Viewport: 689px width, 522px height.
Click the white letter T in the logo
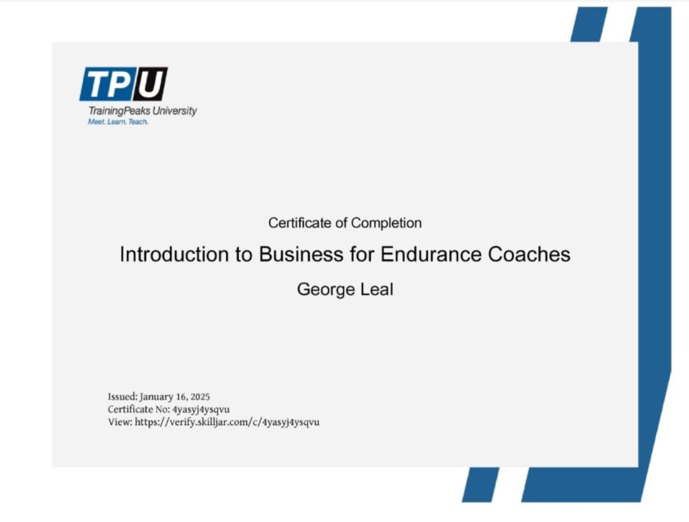(98, 84)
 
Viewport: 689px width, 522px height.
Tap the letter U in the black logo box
(150, 84)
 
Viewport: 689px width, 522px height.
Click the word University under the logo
(174, 111)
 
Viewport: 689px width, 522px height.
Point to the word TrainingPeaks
(119, 111)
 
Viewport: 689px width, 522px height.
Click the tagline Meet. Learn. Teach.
(118, 122)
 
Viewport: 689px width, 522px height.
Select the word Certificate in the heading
(299, 223)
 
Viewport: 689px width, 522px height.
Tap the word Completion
(386, 224)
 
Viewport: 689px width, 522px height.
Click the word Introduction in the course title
(174, 254)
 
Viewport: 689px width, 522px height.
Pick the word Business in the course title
(301, 254)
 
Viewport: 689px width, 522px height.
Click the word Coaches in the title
(530, 254)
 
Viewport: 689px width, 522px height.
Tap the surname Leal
(377, 290)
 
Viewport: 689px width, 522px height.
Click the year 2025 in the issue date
(200, 397)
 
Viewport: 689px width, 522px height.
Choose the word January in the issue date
(157, 397)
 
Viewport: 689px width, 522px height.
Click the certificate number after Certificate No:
(201, 410)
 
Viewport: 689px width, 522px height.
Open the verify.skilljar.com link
(227, 422)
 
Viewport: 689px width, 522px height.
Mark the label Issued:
(122, 397)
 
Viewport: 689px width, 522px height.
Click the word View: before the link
(120, 422)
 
